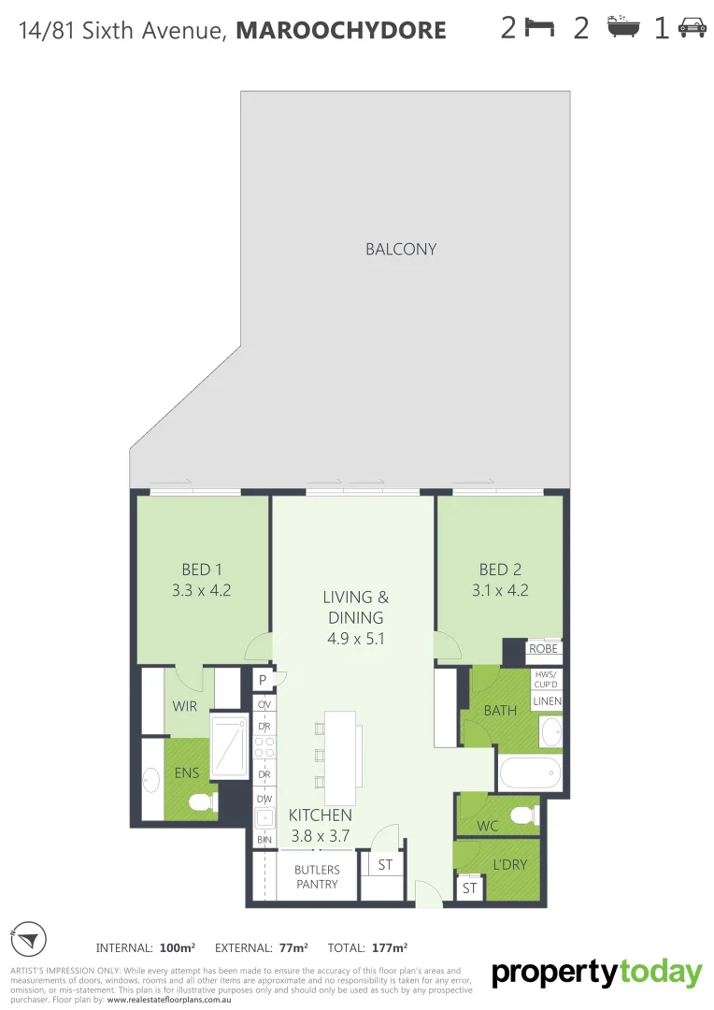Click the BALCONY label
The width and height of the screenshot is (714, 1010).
pyautogui.click(x=401, y=250)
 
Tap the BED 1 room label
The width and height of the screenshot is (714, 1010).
pyautogui.click(x=202, y=570)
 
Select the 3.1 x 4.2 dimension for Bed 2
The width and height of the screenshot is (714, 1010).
pyautogui.click(x=499, y=590)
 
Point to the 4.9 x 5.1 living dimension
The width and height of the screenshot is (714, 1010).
pyautogui.click(x=355, y=640)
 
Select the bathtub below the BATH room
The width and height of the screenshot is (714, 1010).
pyautogui.click(x=530, y=773)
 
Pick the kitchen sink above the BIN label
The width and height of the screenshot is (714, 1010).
pyautogui.click(x=264, y=818)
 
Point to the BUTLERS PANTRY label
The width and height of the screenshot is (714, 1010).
pyautogui.click(x=317, y=876)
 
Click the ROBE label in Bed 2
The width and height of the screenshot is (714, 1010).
pyautogui.click(x=543, y=649)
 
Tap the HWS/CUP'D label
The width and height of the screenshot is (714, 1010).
pyautogui.click(x=545, y=679)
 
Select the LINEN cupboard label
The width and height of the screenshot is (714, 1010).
pyautogui.click(x=546, y=700)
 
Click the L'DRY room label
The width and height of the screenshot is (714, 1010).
pyautogui.click(x=509, y=865)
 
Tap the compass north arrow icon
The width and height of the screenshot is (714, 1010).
pyautogui.click(x=29, y=939)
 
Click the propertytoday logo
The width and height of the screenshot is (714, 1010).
pyautogui.click(x=596, y=974)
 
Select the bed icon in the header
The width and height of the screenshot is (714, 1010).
pyautogui.click(x=539, y=28)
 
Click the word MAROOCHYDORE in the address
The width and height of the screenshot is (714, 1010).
pyautogui.click(x=341, y=31)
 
